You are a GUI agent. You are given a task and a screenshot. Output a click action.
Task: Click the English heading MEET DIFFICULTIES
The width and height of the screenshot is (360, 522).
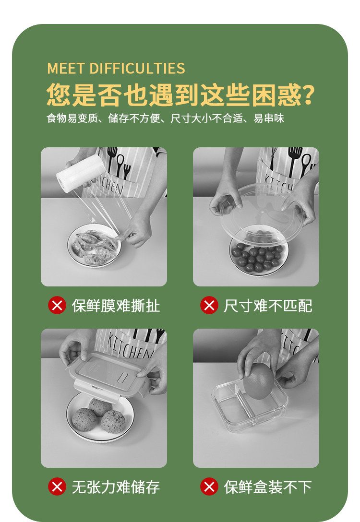coord(116,68)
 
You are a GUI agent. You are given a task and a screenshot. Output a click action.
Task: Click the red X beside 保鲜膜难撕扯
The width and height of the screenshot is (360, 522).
coord(57,305)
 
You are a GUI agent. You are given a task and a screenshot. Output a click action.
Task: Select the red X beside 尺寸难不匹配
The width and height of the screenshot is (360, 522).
coord(209,305)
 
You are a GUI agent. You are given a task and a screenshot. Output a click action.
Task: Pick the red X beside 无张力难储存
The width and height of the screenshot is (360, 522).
coord(57,486)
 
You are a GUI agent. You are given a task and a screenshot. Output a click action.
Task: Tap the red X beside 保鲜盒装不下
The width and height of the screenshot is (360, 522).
coord(209,486)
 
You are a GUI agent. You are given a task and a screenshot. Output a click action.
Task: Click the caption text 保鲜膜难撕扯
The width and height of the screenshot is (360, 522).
coord(116,306)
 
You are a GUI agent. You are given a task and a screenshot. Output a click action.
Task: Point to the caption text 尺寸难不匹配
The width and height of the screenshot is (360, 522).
coord(268,306)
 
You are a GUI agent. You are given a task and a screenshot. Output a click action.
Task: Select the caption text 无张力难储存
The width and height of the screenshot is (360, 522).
coord(116,487)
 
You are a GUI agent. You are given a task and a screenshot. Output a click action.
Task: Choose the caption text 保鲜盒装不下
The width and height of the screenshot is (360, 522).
coord(268,487)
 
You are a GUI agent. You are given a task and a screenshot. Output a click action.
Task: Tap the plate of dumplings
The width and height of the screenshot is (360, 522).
coord(94,245)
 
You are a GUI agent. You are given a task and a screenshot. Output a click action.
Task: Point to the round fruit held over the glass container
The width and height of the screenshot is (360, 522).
coord(258,381)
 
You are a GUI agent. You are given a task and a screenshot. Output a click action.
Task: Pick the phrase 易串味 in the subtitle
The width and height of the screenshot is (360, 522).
coord(269,118)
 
